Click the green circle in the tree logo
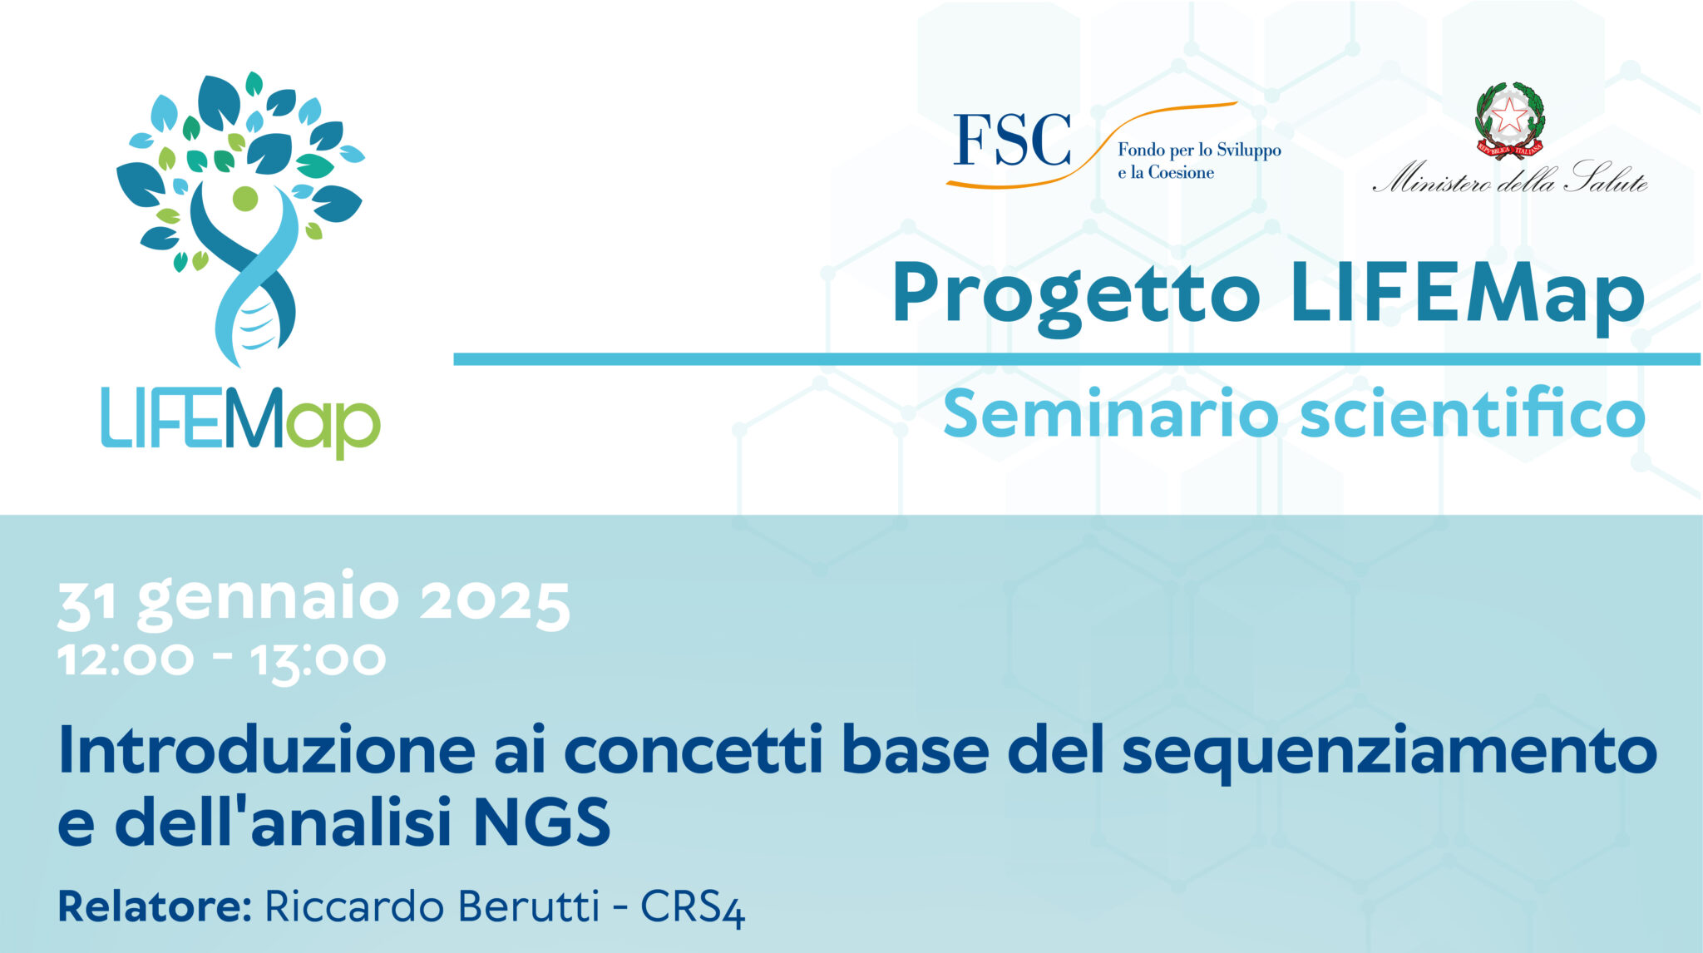click(245, 199)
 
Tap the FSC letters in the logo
click(1012, 140)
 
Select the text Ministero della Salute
click(1510, 178)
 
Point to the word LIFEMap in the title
click(1468, 294)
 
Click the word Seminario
click(1110, 413)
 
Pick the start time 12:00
click(126, 659)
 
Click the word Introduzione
click(267, 750)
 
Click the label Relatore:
click(155, 906)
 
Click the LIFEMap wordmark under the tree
click(240, 421)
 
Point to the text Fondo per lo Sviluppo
click(1199, 151)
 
